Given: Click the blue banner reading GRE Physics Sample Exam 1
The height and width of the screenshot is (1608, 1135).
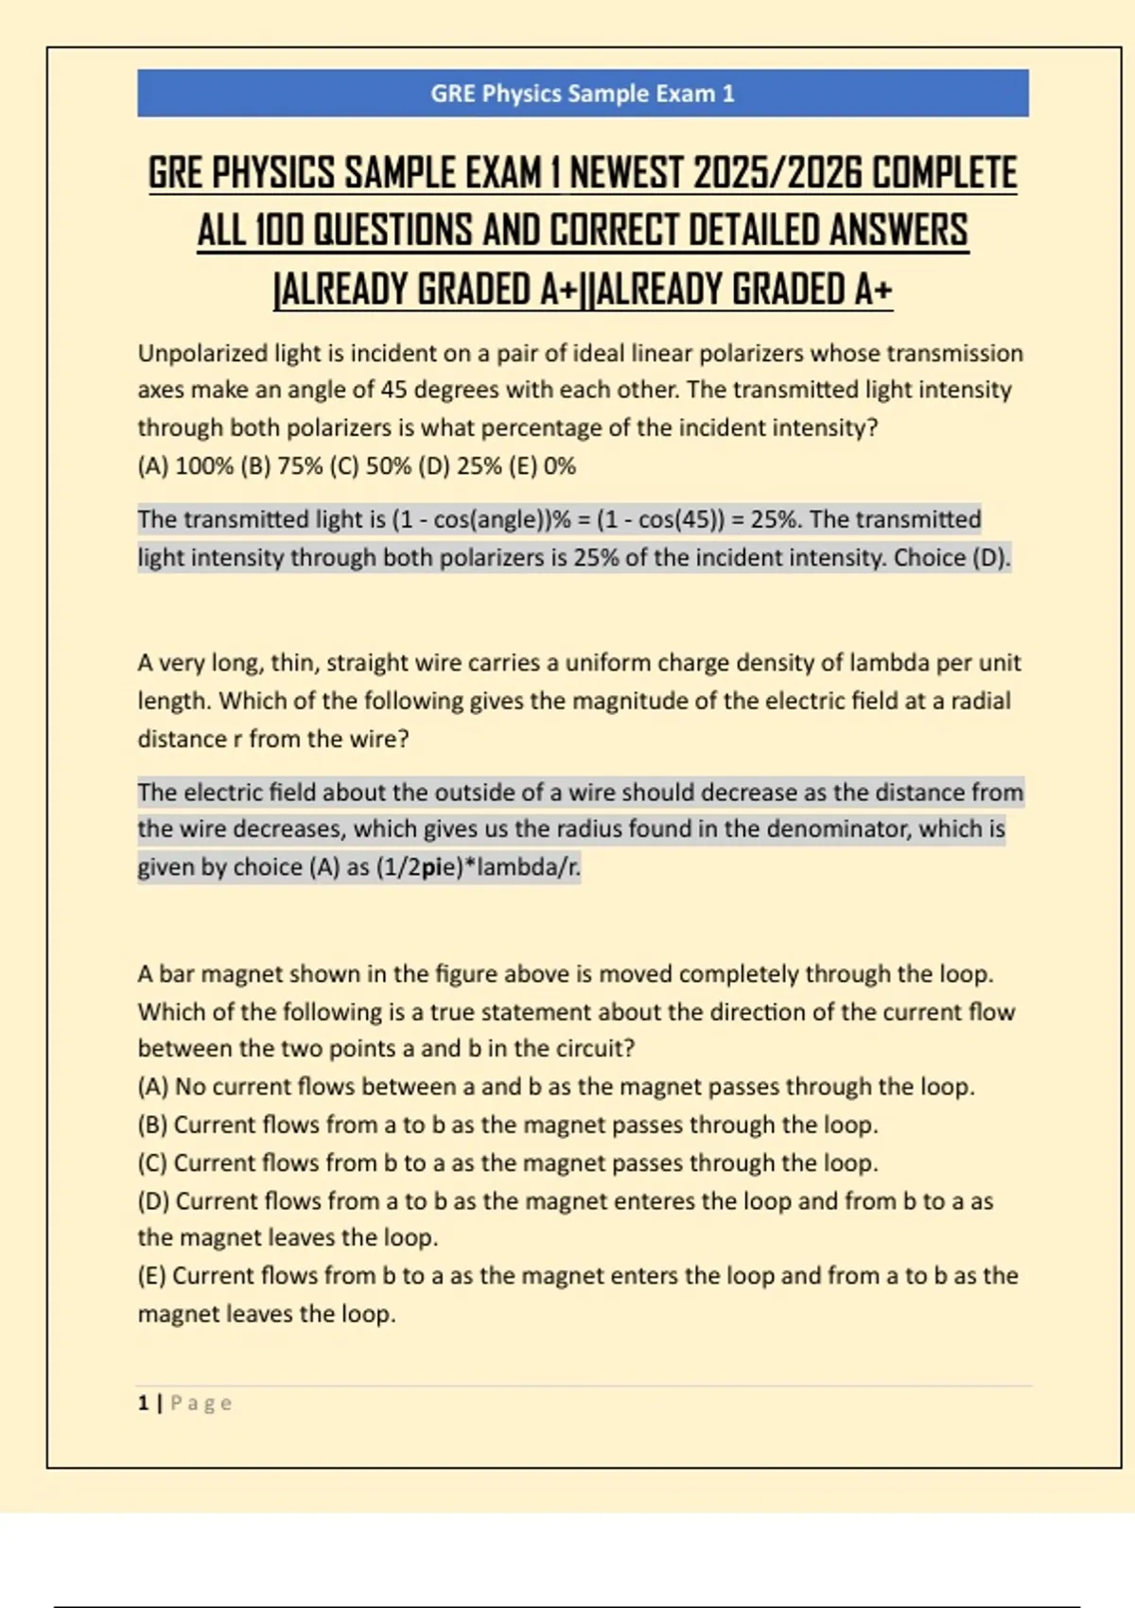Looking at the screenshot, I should click(583, 93).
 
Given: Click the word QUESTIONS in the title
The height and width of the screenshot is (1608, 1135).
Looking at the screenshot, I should click(393, 231).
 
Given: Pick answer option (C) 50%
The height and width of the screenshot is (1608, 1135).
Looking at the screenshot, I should click(371, 466).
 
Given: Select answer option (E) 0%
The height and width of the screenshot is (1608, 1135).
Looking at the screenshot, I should click(543, 466).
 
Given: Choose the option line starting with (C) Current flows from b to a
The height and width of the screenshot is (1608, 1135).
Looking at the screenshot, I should click(508, 1162).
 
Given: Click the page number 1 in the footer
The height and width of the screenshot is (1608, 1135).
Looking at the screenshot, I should click(143, 1403).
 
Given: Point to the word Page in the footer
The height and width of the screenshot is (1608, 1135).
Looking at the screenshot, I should click(201, 1403).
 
